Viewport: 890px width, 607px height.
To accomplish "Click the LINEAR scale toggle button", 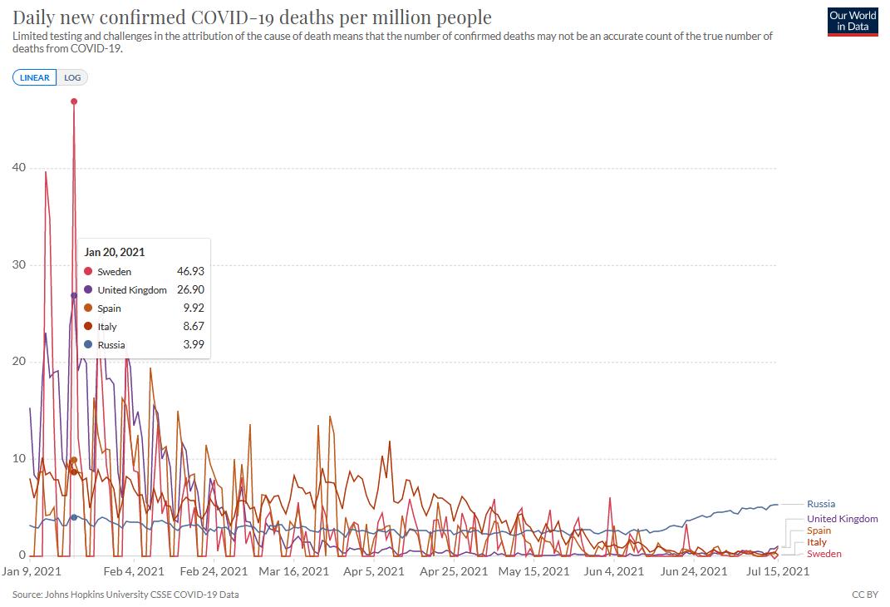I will click(35, 77).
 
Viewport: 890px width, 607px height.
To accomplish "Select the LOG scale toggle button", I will click(73, 77).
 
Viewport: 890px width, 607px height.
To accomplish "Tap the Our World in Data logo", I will click(852, 22).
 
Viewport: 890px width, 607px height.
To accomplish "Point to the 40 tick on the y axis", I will click(18, 167).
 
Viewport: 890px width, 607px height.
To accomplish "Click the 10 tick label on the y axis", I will click(18, 458).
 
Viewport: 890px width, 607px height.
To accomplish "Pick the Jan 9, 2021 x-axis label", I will click(32, 571).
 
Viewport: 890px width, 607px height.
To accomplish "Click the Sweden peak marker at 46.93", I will click(74, 101).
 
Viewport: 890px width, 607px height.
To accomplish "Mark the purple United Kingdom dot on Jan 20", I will click(74, 295).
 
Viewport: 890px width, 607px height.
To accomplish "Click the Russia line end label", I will click(821, 504).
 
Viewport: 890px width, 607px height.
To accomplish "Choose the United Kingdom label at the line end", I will click(842, 519).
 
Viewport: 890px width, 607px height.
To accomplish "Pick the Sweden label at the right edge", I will click(824, 554).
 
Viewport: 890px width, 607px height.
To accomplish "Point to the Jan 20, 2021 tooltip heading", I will click(115, 252).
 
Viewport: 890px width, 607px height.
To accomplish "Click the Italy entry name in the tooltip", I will click(107, 327).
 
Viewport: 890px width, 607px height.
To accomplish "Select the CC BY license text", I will click(864, 595).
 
